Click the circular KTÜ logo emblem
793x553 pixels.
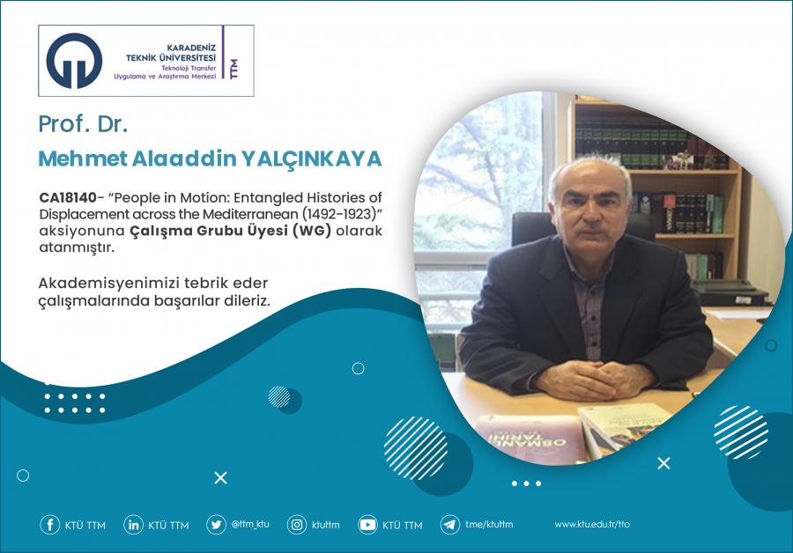coord(74,61)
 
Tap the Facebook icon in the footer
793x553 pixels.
coord(49,525)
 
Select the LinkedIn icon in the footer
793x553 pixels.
coord(133,525)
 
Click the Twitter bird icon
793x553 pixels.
coord(216,525)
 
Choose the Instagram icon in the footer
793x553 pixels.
coord(297,525)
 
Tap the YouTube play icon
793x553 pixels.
coord(367,525)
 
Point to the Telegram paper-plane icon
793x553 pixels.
coord(449,525)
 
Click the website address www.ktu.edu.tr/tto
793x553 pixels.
coord(592,524)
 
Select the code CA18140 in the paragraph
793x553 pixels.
coord(68,197)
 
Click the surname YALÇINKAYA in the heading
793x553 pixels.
coord(311,159)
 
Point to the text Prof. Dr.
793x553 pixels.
coord(83,124)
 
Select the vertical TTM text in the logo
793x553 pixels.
coord(233,69)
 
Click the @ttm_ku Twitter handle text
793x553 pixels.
coord(250,524)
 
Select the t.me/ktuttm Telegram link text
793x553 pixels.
coord(489,524)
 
